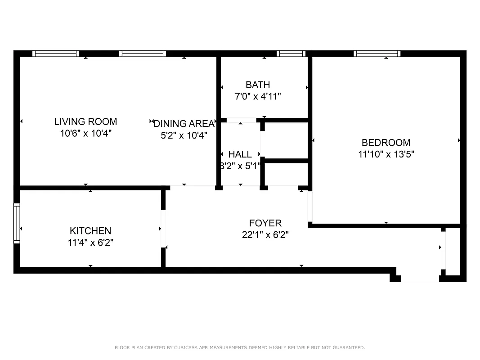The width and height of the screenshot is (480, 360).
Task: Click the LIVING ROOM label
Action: coord(85,121)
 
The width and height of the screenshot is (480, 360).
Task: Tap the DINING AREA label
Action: coord(184,124)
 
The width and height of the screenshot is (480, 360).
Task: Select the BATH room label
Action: coord(258,85)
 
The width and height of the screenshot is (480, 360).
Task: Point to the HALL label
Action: coord(240,154)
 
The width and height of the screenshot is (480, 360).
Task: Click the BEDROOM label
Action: coord(386,143)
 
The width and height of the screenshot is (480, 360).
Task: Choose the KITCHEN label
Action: coord(90,231)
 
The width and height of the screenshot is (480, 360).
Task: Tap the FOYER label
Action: coord(265,223)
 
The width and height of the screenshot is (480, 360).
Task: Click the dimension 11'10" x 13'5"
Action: coord(386,154)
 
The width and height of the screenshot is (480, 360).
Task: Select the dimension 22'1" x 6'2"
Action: coord(265,234)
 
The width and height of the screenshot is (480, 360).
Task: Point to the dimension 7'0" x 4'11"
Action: coord(258,96)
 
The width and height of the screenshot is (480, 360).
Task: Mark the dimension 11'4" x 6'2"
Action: coord(90,243)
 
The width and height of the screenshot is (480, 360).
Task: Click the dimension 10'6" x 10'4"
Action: coord(85,133)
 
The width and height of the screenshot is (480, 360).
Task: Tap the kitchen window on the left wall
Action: coord(17,223)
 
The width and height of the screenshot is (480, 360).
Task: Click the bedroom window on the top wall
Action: coord(377,54)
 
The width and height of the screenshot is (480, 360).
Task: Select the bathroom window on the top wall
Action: coord(291,54)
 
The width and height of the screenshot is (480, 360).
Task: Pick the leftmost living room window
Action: coord(56,54)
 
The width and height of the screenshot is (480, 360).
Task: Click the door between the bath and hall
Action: coord(241,120)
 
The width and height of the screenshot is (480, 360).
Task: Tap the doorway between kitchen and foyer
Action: coord(163,229)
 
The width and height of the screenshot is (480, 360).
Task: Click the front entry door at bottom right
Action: coord(420,279)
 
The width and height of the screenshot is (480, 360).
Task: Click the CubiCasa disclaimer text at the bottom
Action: coord(240,347)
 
